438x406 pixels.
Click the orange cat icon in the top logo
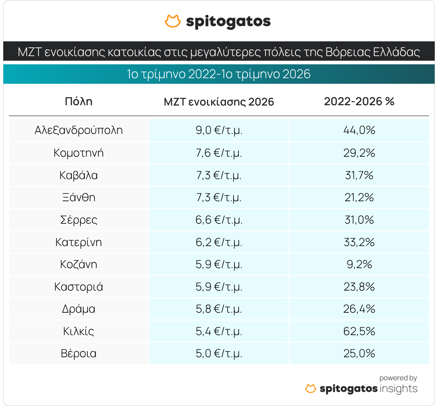tap(173, 21)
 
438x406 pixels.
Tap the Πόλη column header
tap(78, 102)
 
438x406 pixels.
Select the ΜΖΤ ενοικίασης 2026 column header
tap(219, 102)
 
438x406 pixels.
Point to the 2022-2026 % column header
tap(359, 102)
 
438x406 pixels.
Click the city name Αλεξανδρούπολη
tap(78, 130)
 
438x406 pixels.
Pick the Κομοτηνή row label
tap(78, 153)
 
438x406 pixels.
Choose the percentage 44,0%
tap(359, 130)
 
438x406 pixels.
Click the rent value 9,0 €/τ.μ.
tap(219, 130)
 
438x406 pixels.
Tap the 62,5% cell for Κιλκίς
tap(359, 331)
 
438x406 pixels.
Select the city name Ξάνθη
tap(78, 197)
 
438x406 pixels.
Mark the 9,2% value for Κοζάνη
tap(359, 264)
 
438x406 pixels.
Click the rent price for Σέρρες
tap(219, 220)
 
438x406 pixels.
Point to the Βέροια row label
tap(78, 354)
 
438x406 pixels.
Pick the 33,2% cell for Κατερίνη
tap(359, 242)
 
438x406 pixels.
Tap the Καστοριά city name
tap(78, 287)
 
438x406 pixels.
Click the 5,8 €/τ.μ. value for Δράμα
tap(219, 309)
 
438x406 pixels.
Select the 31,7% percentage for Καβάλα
tap(359, 175)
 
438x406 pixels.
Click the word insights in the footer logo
tap(398, 389)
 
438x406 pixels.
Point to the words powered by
tap(398, 378)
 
